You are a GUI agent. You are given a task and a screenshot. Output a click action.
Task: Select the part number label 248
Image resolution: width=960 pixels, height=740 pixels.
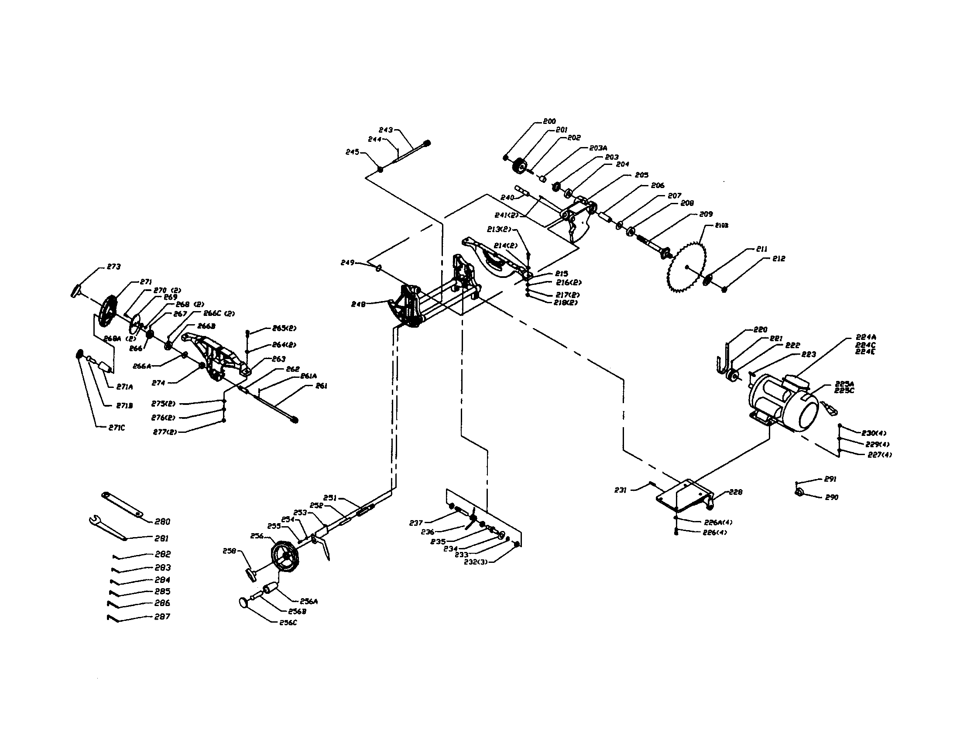click(x=358, y=304)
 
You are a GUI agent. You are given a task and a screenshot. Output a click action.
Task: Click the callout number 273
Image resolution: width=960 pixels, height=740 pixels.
click(x=114, y=267)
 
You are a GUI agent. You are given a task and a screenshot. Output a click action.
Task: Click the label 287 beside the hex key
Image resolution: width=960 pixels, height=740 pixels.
click(x=162, y=617)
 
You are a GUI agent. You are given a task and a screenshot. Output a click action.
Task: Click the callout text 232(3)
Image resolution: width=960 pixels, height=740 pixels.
click(x=476, y=562)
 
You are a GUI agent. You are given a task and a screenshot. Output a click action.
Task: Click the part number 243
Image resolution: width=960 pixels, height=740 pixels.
click(x=385, y=130)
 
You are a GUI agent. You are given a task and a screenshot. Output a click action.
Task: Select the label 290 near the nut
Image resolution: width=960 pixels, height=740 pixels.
click(x=831, y=497)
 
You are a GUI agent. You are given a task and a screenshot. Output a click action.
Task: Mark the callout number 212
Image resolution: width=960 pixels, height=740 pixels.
click(x=778, y=259)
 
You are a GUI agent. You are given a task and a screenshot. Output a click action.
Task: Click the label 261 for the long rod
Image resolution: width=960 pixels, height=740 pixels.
click(x=321, y=386)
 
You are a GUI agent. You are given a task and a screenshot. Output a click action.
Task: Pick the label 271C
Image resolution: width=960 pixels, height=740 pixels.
click(x=117, y=427)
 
